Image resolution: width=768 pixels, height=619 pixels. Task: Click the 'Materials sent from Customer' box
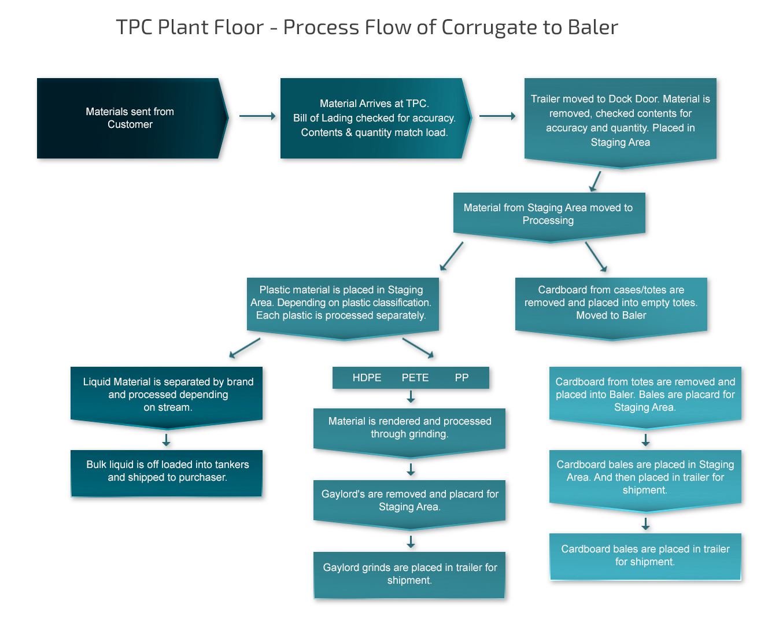tap(132, 118)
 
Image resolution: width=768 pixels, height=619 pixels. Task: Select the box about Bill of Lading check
tap(375, 118)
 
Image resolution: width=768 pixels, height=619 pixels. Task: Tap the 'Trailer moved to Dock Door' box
tap(621, 123)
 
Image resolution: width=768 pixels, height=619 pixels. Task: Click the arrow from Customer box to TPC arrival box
tap(257, 116)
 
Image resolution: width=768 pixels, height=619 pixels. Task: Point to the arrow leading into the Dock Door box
tap(497, 116)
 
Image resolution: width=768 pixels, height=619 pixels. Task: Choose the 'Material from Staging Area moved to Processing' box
tap(549, 217)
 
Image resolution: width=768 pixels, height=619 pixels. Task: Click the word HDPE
tap(367, 378)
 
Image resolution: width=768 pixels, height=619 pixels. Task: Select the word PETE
tap(415, 378)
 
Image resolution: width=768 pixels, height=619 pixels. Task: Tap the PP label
tap(462, 378)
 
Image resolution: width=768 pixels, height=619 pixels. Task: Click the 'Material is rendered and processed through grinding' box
tap(409, 433)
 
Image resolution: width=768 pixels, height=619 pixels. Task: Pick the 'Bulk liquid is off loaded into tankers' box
tap(167, 473)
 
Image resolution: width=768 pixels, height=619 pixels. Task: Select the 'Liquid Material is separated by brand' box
tap(167, 397)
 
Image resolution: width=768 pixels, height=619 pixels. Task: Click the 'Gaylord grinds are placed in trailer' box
tap(409, 574)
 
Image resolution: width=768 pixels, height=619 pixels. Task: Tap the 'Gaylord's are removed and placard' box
tap(409, 504)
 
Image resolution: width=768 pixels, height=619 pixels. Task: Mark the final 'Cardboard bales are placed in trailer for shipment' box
tap(645, 557)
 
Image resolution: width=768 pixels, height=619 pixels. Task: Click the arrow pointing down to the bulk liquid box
tap(167, 440)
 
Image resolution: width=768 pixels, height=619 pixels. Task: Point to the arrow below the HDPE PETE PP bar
tap(411, 397)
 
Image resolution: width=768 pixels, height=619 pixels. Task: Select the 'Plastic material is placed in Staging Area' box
tap(342, 308)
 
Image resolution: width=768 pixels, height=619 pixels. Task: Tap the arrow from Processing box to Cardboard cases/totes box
tap(596, 257)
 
